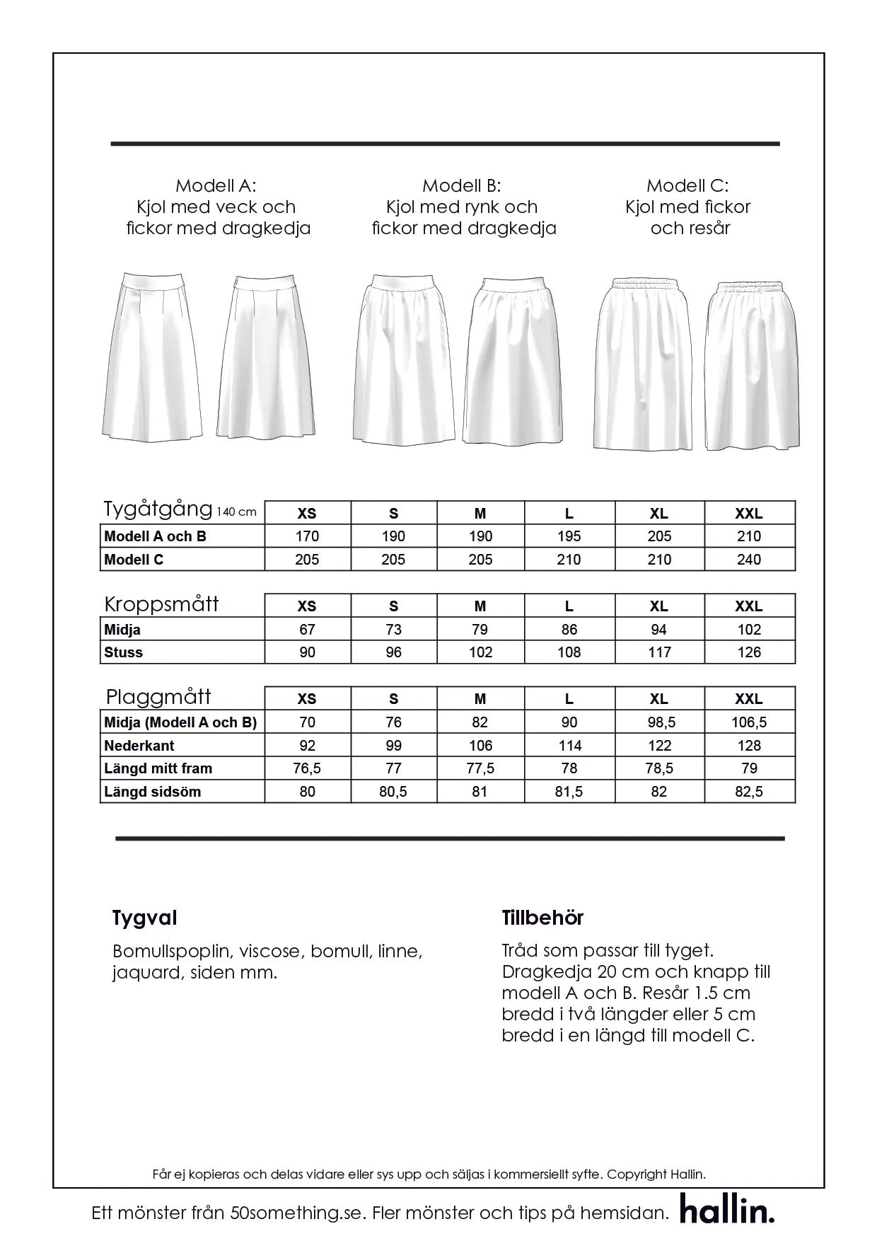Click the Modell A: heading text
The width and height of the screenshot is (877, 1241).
point(216,186)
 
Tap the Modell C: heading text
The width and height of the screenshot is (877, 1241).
point(687,186)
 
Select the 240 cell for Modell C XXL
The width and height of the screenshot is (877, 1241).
point(749,560)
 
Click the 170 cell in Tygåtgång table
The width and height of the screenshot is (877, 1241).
point(307,536)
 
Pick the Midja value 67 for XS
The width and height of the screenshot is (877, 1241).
point(307,630)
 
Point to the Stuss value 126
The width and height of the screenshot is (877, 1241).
point(749,652)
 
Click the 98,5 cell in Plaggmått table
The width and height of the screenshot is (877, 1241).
point(659,722)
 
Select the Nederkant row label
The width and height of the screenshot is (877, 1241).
point(139,746)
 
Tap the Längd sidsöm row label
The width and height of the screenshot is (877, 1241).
point(153,792)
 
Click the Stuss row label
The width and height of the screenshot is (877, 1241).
point(124,652)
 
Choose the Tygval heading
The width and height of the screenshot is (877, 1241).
point(144,918)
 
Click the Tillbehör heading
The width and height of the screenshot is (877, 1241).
point(542,918)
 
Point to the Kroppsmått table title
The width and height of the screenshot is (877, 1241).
point(161,604)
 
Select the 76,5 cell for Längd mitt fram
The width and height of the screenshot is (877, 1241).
point(307,768)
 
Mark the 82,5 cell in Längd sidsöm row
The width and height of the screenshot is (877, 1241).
point(749,792)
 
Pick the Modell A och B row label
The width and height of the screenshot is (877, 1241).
point(156,536)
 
